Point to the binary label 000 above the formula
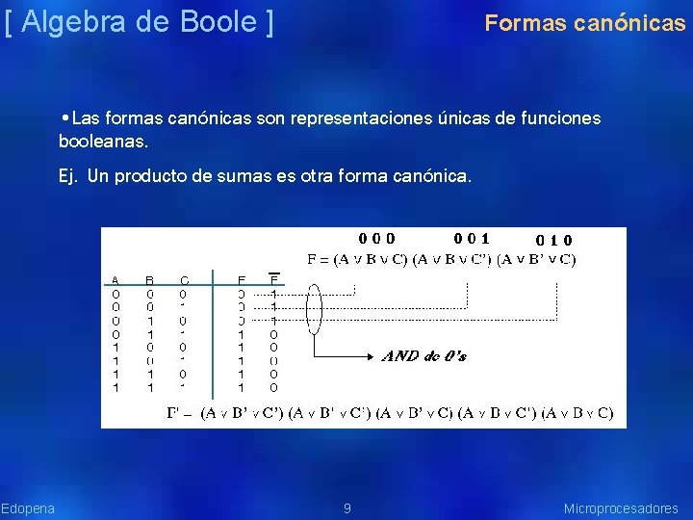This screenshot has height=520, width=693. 376,238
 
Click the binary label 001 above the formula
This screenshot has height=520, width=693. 472,238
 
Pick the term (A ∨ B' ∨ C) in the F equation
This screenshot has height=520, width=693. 539,258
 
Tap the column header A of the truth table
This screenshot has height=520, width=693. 115,280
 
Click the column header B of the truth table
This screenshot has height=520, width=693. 149,280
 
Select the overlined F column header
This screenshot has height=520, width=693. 273,280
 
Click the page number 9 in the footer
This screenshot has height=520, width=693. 347,507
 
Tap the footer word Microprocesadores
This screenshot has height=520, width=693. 621,507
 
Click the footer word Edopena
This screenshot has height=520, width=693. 28,507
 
